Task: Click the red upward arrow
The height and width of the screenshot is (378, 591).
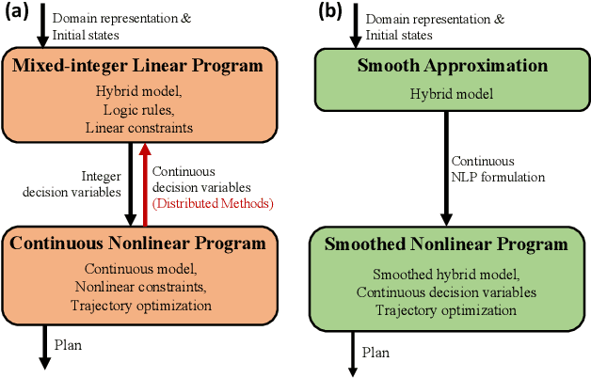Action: [144, 182]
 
